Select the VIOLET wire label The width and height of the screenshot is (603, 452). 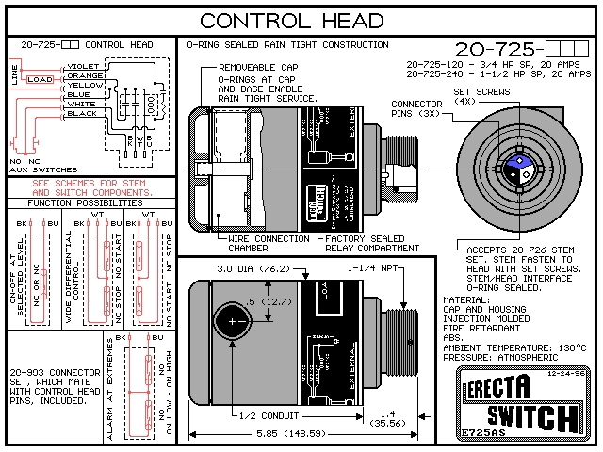tap(84, 66)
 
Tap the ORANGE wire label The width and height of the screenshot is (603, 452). tap(85, 75)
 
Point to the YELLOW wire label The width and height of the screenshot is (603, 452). tap(85, 85)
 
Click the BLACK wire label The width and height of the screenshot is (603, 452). tap(82, 113)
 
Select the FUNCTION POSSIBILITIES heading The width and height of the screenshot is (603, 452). tap(86, 202)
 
